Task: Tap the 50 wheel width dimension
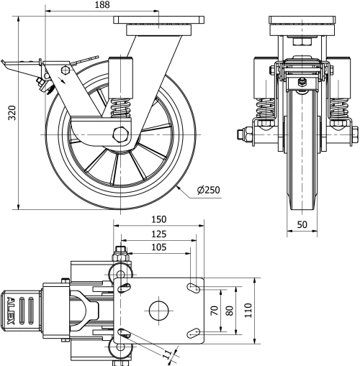click(x=302, y=224)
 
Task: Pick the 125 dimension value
click(x=158, y=234)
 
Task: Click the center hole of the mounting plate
click(x=158, y=311)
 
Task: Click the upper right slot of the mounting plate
click(x=193, y=288)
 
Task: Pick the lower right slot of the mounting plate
click(x=193, y=332)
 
